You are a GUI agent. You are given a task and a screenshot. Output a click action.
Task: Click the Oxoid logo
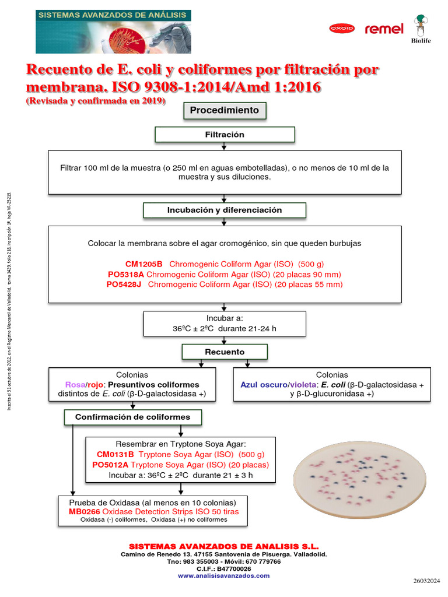pos(341,28)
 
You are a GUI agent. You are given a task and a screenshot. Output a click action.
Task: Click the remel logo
pos(384,29)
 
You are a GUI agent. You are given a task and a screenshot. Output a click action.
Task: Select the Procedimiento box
pos(224,110)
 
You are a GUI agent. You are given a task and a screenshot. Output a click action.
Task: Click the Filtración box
pos(224,135)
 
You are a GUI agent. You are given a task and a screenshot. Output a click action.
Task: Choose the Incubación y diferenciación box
pos(224,210)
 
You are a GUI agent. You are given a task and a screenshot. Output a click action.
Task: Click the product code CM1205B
pos(144,264)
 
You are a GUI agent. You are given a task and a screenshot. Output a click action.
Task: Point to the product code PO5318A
pos(127,274)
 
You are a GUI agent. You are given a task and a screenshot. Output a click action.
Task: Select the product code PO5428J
pos(126,285)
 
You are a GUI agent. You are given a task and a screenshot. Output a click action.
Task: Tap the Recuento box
pos(225,352)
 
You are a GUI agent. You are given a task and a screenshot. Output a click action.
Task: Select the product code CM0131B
pos(116,454)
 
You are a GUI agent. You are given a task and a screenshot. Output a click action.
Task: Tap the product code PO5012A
pos(110,465)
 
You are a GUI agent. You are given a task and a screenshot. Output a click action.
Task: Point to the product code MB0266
pos(84,511)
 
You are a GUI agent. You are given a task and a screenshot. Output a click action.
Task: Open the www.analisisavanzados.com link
pos(224,575)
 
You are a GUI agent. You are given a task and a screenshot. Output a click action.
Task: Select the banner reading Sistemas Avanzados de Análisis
pos(113,31)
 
